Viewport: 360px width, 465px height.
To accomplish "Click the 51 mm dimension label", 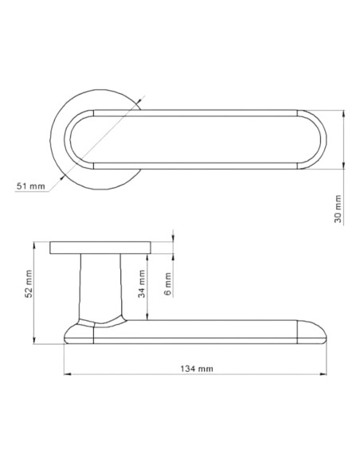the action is point(31,186).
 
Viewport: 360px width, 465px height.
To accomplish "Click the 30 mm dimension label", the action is point(338,209).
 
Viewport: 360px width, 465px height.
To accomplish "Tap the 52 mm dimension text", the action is point(28,283).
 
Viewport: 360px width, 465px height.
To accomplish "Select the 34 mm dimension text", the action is point(142,283).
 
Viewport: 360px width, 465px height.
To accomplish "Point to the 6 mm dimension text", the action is point(167,284).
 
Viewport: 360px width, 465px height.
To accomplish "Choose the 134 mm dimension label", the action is point(197,369).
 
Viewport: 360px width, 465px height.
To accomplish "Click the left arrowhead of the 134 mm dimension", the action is point(68,374).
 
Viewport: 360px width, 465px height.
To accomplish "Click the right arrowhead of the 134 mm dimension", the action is point(323,374).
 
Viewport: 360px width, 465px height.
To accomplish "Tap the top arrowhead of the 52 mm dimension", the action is point(33,245).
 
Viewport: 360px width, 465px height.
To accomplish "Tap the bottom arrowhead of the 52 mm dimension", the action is point(33,340).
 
